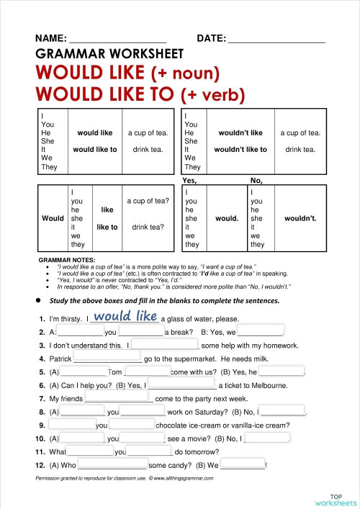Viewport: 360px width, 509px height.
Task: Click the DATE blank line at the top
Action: click(x=276, y=41)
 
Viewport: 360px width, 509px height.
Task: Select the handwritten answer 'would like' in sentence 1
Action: click(x=126, y=316)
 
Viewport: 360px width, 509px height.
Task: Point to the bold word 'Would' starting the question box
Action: click(x=53, y=217)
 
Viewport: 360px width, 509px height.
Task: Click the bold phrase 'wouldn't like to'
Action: click(x=240, y=150)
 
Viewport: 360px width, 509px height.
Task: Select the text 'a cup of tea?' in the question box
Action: click(x=148, y=200)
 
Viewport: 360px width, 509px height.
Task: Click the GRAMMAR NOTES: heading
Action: click(x=71, y=260)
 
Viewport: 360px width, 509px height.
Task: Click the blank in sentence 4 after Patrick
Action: click(x=107, y=359)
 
